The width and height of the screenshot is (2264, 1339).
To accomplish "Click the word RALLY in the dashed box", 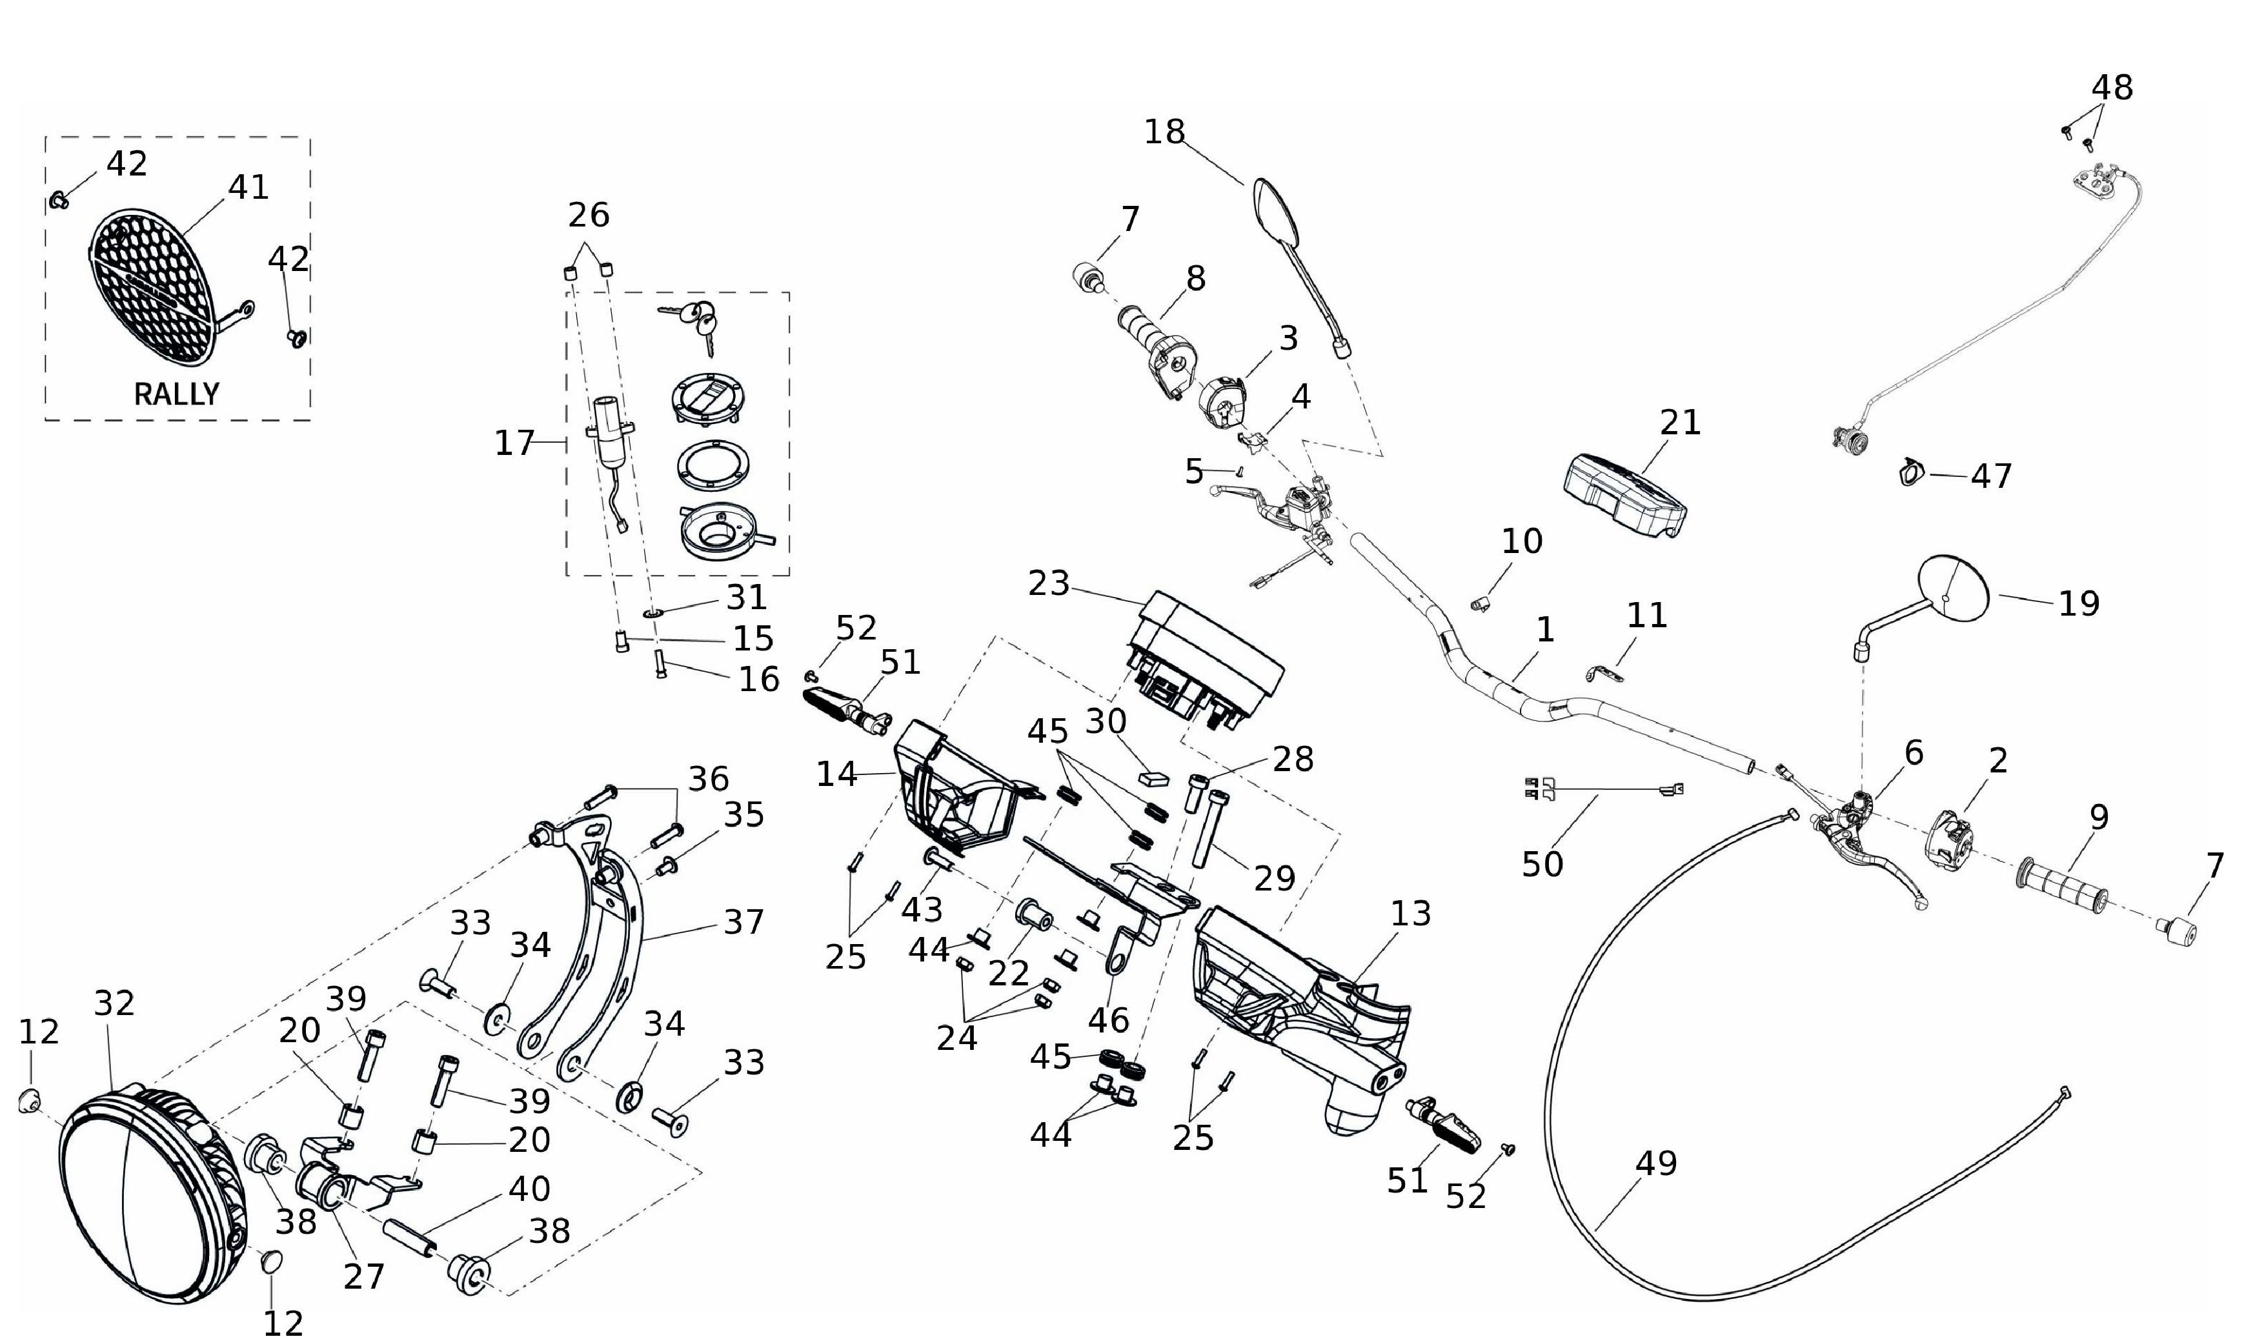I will click(177, 394).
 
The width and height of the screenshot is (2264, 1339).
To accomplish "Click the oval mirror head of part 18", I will click(1276, 213).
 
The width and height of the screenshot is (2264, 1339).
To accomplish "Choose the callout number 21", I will click(1680, 422).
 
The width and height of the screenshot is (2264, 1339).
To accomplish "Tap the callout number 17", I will click(514, 443).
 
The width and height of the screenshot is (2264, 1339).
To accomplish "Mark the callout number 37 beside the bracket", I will click(743, 922).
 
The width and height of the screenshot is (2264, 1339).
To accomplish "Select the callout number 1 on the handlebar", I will click(1545, 630).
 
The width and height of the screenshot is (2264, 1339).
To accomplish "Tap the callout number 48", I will click(2112, 88).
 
